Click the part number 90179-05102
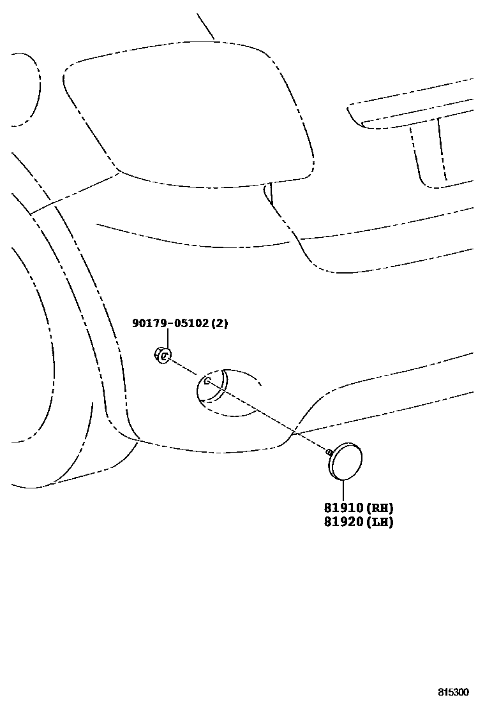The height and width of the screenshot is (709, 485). tap(170, 323)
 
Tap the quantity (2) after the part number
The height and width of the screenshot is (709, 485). tap(219, 323)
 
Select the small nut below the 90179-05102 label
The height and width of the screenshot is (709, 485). tap(162, 355)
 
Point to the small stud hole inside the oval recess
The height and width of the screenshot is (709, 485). tap(207, 381)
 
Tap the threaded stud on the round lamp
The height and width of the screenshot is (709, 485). tap(329, 451)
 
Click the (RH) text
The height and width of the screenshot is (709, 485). tap(379, 508)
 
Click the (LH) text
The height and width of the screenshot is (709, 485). tap(379, 522)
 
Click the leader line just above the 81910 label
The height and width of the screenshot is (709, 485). tap(343, 491)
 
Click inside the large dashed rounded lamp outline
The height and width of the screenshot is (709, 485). tap(191, 115)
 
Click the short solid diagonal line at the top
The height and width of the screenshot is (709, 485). tap(205, 26)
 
